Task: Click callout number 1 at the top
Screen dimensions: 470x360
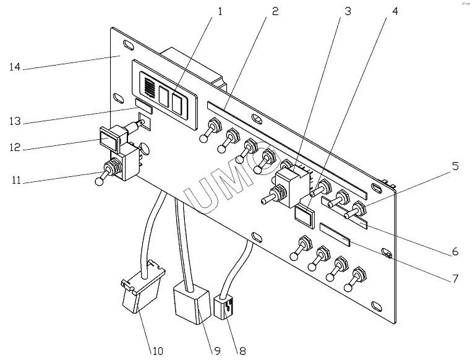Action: [220, 12]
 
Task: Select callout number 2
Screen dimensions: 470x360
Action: [275, 11]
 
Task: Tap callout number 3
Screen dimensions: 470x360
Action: [348, 11]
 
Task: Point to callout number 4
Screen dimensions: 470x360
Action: [395, 11]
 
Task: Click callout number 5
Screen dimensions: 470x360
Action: [455, 166]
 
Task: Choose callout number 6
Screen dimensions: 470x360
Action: [455, 251]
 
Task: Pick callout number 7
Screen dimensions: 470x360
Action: [455, 278]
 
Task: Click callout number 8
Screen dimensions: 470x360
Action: [242, 351]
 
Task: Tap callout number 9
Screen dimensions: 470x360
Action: [216, 351]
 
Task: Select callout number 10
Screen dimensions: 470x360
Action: [158, 351]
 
